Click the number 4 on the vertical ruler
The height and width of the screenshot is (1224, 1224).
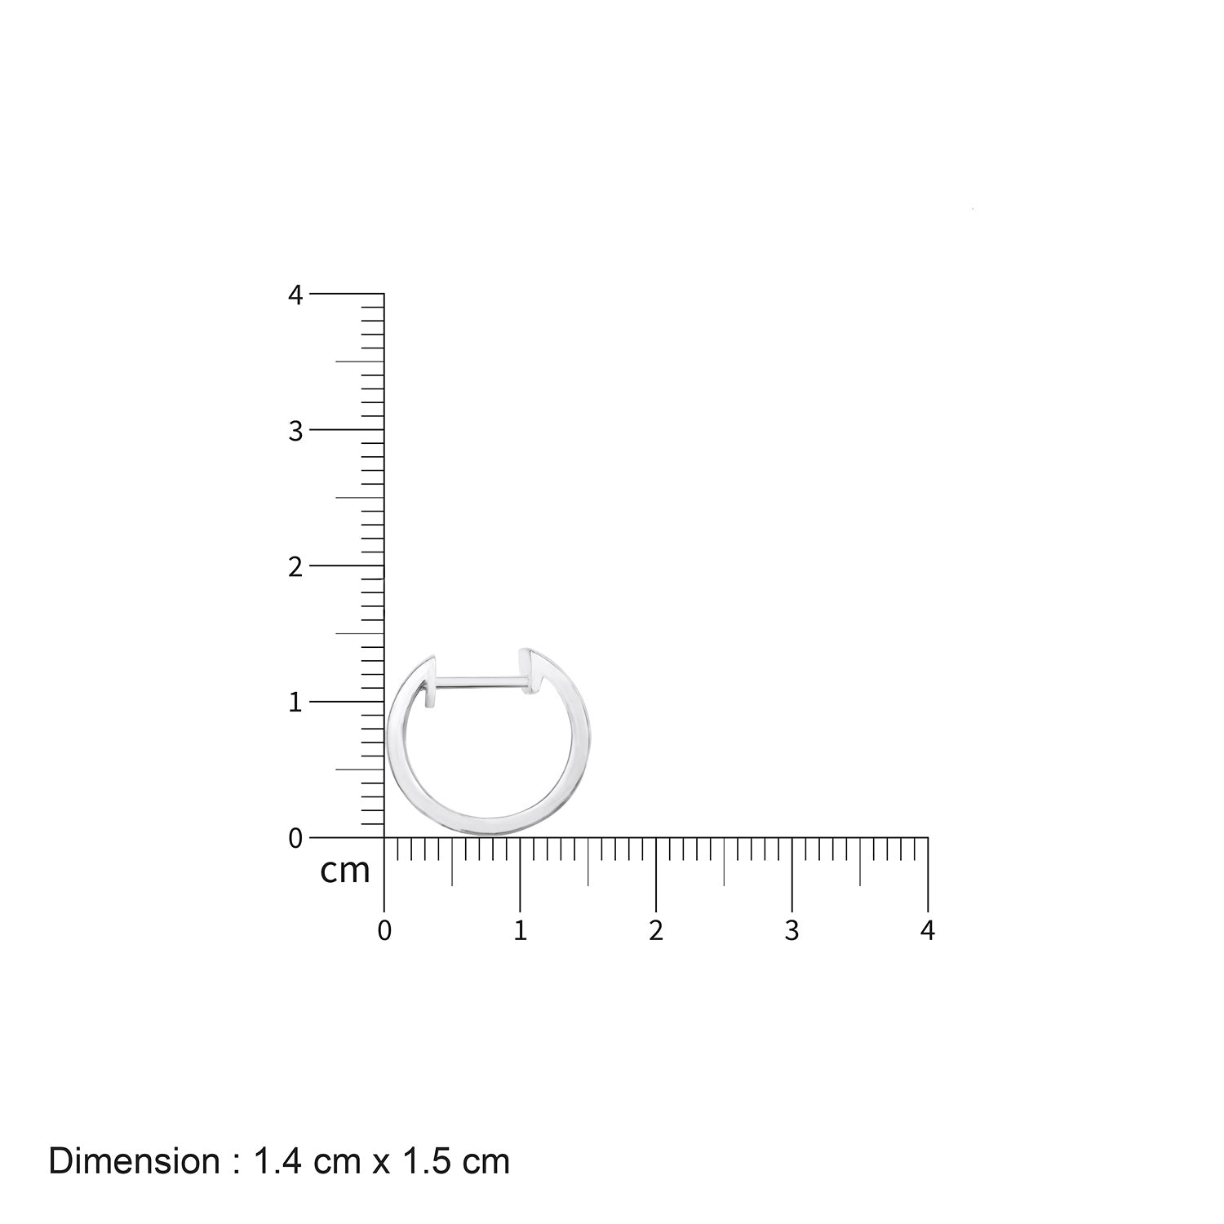(295, 295)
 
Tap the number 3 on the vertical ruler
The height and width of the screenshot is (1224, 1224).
(295, 431)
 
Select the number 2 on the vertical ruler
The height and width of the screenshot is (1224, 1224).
(295, 566)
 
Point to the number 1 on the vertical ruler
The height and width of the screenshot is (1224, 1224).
(295, 702)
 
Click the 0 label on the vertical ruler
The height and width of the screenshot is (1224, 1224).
(295, 838)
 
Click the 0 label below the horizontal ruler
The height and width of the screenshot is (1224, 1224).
(384, 931)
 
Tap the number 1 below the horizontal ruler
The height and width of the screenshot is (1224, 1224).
(521, 931)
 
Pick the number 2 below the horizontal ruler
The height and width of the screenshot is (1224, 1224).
(656, 931)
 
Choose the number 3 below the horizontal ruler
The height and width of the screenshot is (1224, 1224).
(792, 931)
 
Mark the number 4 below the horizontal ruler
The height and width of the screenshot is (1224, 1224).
(927, 931)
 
